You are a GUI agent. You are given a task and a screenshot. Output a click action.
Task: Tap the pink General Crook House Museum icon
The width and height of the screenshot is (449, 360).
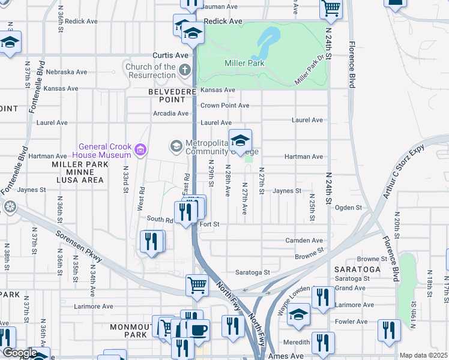coord(141,149)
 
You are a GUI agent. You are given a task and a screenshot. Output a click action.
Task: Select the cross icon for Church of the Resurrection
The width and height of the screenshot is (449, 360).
coord(185,70)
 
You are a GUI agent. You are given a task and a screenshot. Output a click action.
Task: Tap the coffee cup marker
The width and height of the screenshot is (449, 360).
coord(198,329)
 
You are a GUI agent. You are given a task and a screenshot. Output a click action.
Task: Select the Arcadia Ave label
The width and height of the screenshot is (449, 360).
coord(171,113)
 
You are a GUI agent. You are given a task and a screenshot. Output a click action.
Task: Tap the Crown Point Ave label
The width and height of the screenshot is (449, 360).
coord(224,106)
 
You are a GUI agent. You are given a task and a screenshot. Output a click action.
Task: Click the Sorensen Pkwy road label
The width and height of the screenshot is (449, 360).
coord(79,246)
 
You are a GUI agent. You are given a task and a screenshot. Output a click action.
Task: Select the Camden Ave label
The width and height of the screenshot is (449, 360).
coord(304,241)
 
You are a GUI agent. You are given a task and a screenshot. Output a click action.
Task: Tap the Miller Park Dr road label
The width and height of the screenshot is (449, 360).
coord(310,71)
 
